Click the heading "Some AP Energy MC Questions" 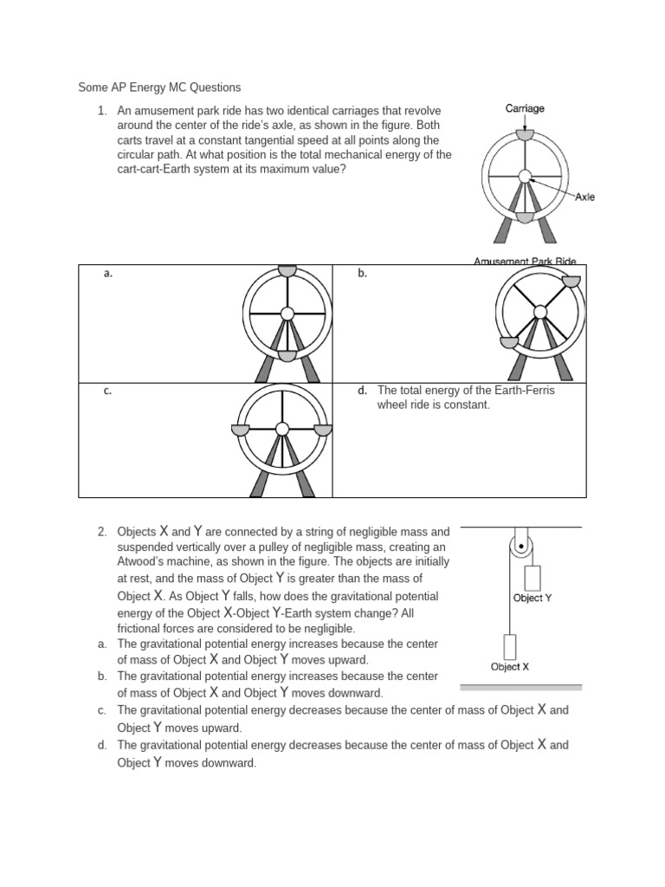click(x=159, y=87)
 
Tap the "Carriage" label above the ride click(x=525, y=108)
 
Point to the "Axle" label click(x=585, y=197)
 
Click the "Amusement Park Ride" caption click(x=525, y=261)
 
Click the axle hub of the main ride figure click(x=525, y=176)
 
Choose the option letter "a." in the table click(x=108, y=274)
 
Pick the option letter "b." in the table click(x=363, y=274)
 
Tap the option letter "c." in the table click(x=107, y=391)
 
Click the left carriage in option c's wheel click(x=241, y=430)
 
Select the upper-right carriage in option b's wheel click(x=571, y=281)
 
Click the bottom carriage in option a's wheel click(x=287, y=355)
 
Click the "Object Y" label click(x=533, y=598)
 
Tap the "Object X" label click(x=510, y=666)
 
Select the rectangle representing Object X click(x=509, y=646)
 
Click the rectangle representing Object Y click(x=532, y=578)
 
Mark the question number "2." click(x=102, y=531)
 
